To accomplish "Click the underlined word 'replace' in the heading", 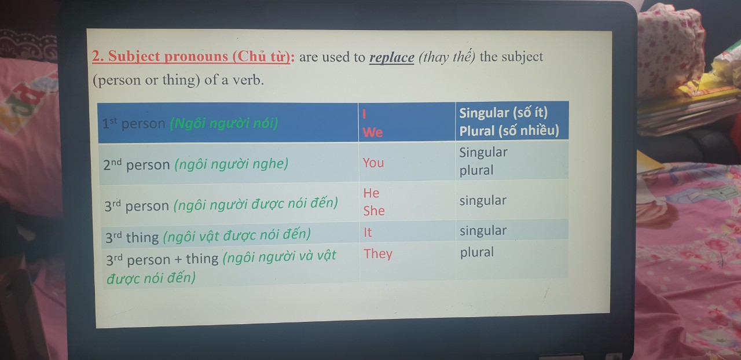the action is [392, 57].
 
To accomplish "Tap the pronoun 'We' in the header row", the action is [372, 133].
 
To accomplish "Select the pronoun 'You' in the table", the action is [373, 163].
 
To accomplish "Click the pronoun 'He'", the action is [371, 193].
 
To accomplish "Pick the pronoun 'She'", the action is [374, 211].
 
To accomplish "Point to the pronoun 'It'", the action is [368, 232].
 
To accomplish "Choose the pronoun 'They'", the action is [378, 254].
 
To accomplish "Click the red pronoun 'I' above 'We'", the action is [364, 114].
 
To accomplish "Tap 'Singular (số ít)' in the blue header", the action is [503, 113].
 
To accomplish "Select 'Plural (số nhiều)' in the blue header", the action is [509, 131].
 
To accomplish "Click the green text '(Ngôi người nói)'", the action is [224, 123].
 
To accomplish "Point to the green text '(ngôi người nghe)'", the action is [231, 164].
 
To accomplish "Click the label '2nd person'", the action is [136, 164].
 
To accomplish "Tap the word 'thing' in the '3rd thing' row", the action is [142, 237].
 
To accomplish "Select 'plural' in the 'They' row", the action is [476, 252].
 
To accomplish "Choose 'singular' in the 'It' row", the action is [483, 230].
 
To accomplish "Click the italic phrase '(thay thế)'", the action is [446, 57].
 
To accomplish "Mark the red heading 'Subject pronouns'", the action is [168, 56].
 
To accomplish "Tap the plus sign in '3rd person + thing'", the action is [178, 259].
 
